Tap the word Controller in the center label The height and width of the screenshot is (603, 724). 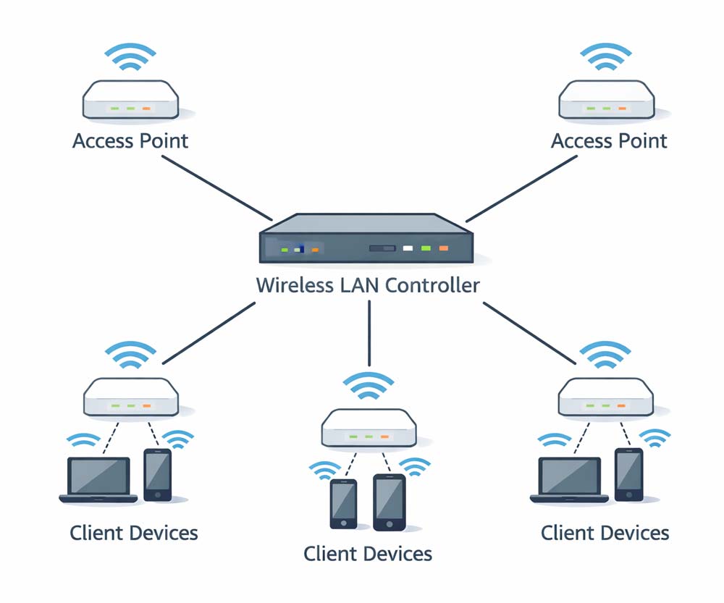[x=432, y=285]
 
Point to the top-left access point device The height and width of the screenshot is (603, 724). [x=130, y=101]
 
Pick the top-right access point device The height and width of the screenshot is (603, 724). [x=607, y=101]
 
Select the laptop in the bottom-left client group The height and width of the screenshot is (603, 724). [x=98, y=479]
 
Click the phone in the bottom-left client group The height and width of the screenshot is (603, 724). [x=157, y=475]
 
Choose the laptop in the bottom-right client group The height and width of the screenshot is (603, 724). [x=570, y=479]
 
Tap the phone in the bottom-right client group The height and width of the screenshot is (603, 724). [x=629, y=475]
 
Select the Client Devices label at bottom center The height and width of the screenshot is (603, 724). [x=368, y=554]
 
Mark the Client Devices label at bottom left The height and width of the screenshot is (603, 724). [x=134, y=534]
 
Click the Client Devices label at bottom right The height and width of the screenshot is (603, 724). [x=605, y=534]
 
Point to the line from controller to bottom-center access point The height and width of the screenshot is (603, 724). [x=369, y=333]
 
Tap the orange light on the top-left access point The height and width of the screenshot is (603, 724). [x=147, y=109]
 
